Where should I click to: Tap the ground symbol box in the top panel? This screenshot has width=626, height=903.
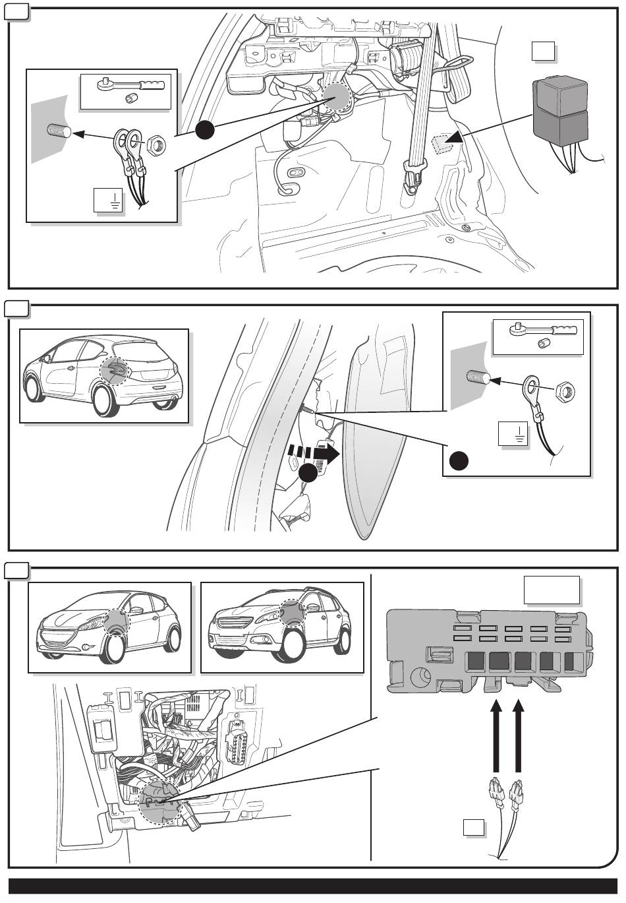click(109, 199)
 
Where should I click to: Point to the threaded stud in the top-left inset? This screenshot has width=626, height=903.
click(59, 130)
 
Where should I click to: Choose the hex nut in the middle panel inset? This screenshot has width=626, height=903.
click(566, 391)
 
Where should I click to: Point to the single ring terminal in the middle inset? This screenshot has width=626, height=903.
click(534, 389)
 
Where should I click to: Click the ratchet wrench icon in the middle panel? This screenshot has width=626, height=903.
click(538, 329)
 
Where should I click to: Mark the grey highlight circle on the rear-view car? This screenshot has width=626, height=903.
click(115, 372)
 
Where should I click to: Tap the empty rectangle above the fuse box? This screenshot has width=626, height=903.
click(552, 590)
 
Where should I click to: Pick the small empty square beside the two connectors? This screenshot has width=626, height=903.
click(472, 828)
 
